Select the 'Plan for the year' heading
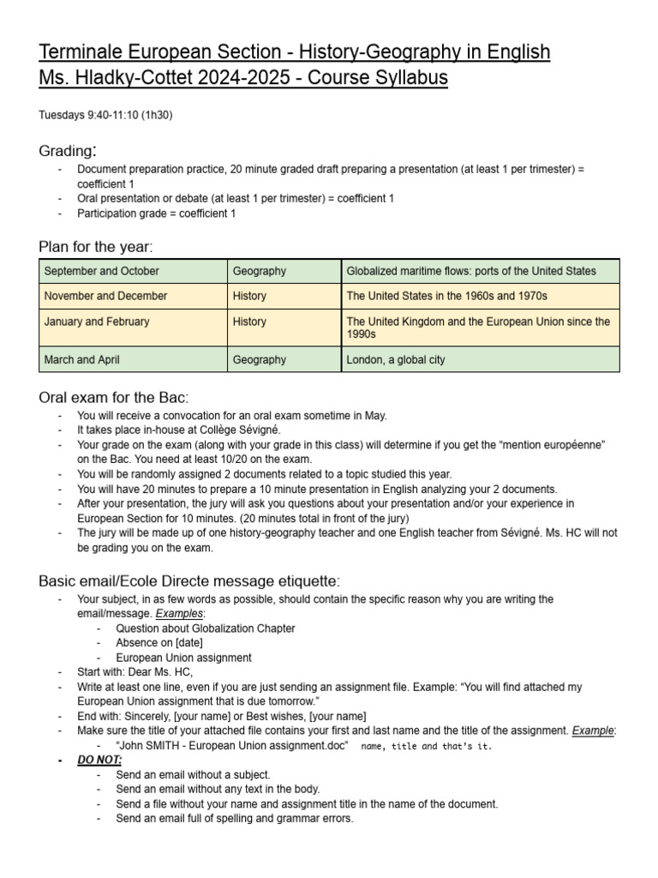(95, 247)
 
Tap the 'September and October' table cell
(101, 271)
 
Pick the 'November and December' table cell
(105, 296)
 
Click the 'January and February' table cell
(97, 322)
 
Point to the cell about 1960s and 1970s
(446, 296)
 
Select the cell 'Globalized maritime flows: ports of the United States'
(470, 271)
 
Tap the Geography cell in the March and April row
(260, 359)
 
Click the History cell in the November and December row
(249, 296)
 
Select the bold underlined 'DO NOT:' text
(99, 760)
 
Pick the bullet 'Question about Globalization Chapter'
(206, 628)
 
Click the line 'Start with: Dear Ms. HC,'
(135, 672)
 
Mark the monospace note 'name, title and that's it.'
(427, 746)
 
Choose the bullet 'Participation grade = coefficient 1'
(157, 213)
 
